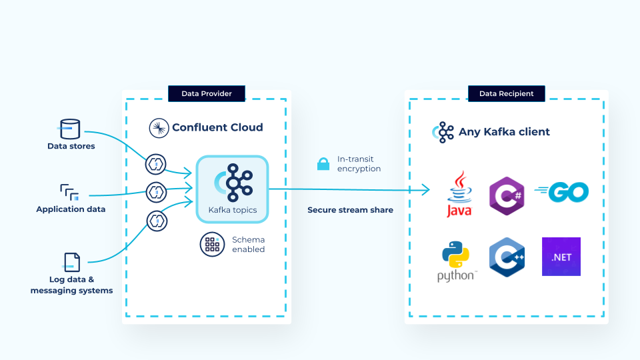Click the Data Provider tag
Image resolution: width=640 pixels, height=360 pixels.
click(x=207, y=94)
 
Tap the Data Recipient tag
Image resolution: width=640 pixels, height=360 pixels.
click(x=507, y=94)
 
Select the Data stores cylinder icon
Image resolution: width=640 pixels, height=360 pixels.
click(x=70, y=128)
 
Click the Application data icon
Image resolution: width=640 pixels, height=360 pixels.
click(x=70, y=193)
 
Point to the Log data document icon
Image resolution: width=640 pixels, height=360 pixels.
click(x=71, y=262)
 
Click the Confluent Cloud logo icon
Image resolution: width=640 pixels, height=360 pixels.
click(x=159, y=127)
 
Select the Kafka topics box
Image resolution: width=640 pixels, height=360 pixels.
click(x=233, y=189)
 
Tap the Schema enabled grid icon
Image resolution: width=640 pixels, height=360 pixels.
click(x=212, y=244)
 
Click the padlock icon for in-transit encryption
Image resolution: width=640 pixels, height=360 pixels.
click(x=323, y=164)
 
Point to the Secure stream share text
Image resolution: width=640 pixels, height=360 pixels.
click(x=350, y=210)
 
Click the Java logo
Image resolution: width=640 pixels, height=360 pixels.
click(x=459, y=194)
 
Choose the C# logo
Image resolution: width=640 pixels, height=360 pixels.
click(x=507, y=196)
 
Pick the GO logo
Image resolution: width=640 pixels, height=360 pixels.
click(x=562, y=193)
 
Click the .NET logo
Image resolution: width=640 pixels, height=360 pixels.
click(x=561, y=257)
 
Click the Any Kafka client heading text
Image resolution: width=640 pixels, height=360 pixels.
click(x=504, y=132)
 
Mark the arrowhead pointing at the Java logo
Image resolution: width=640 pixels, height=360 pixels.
click(x=427, y=191)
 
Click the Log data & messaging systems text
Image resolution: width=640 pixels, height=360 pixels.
click(x=71, y=285)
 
